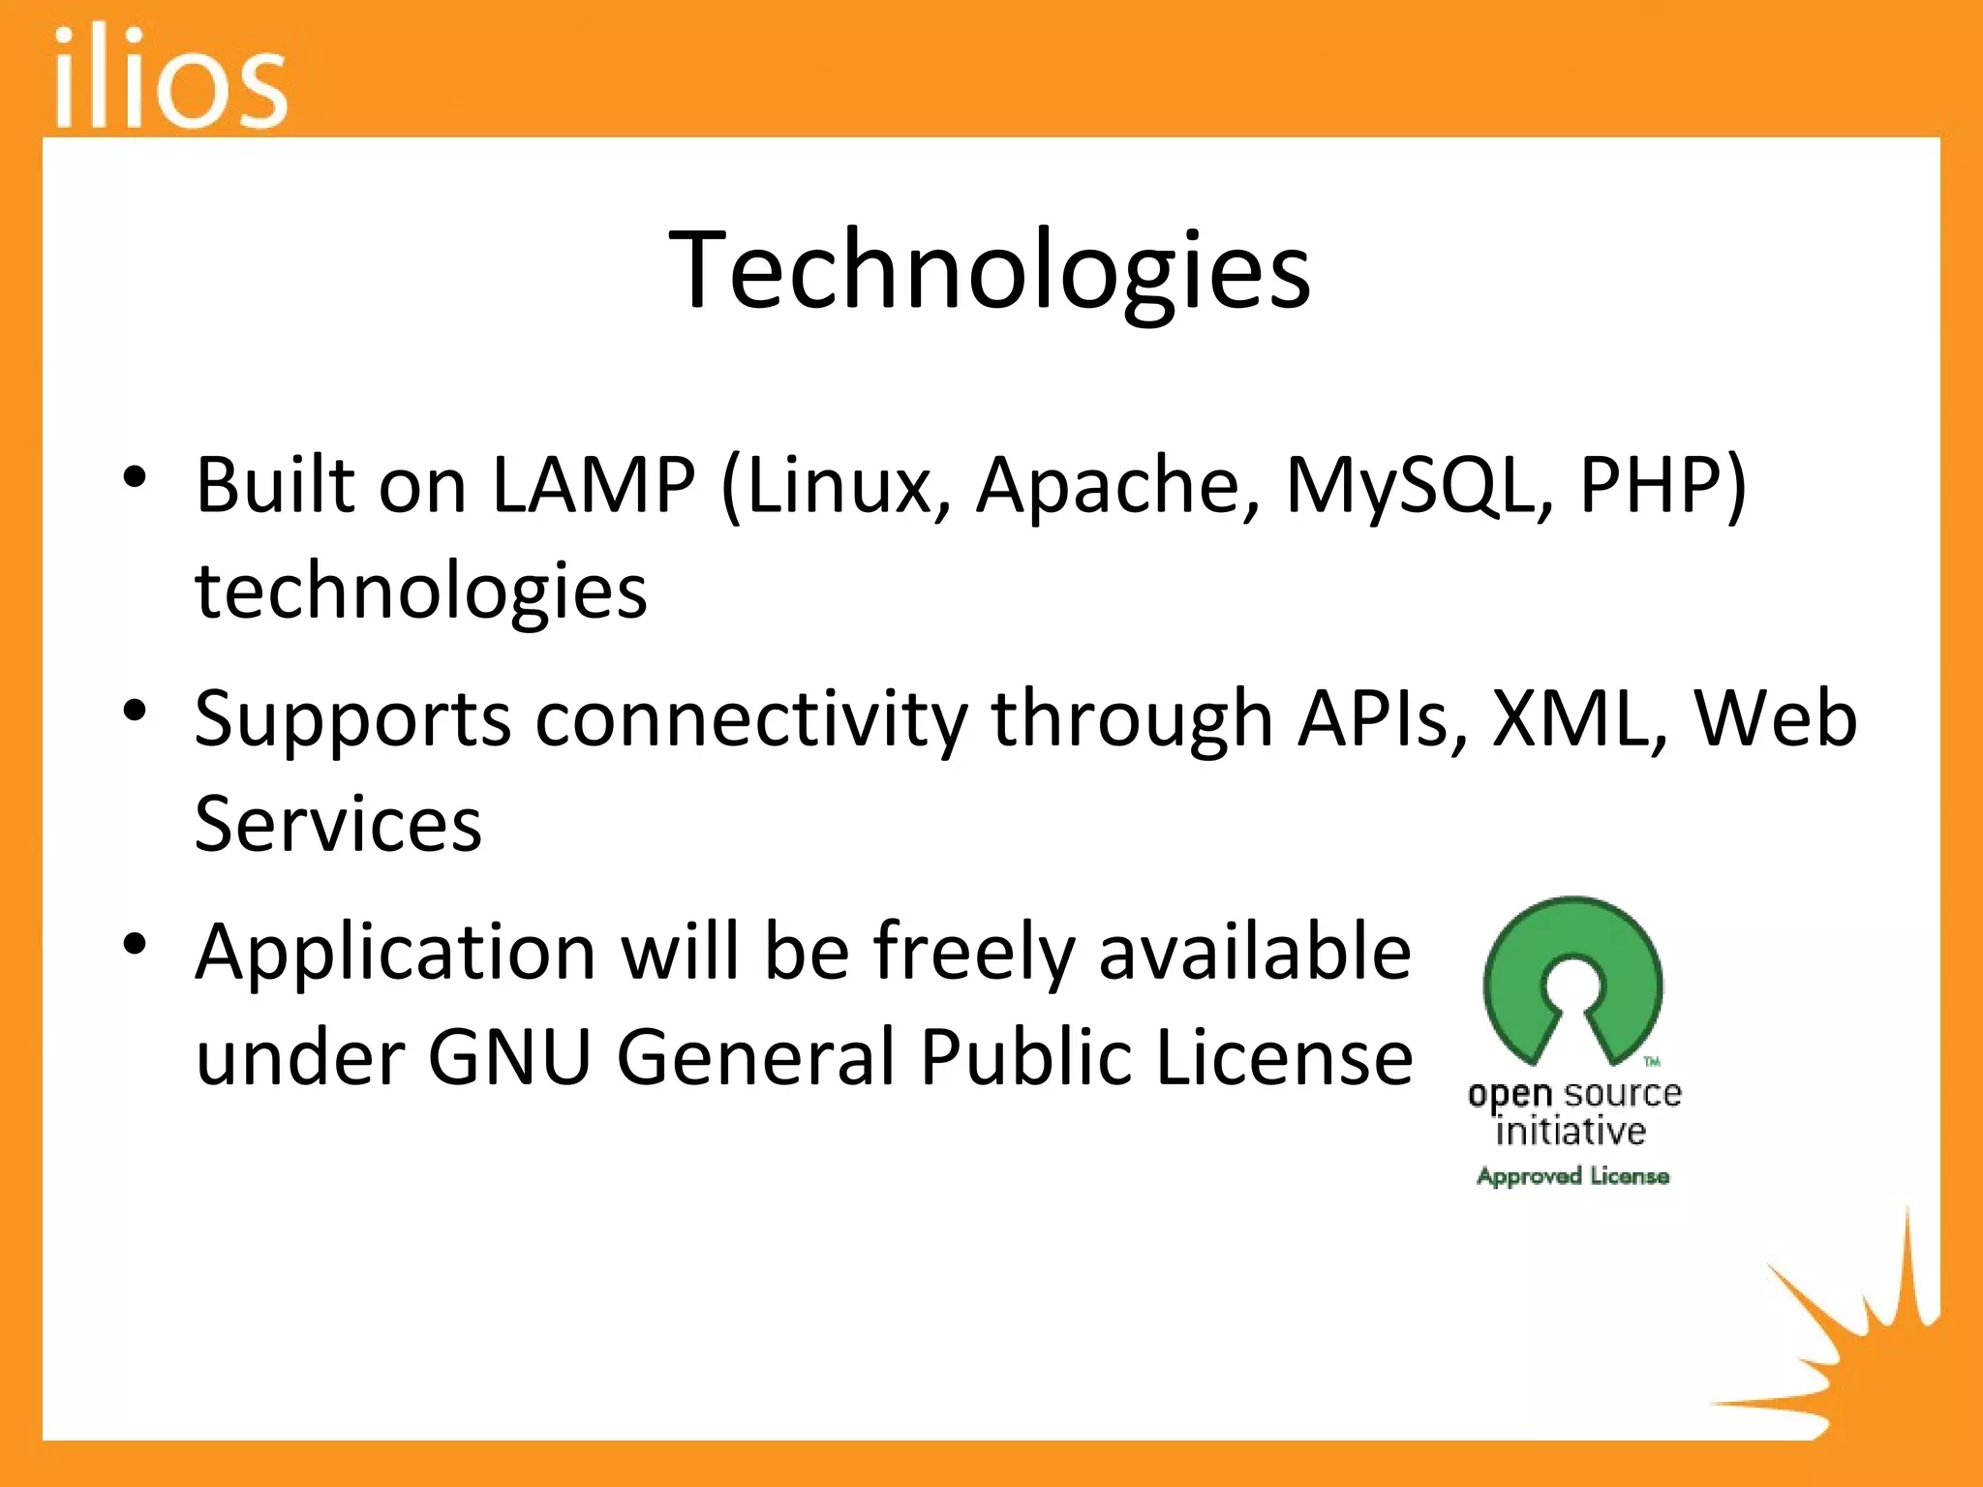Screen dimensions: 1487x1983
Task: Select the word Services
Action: (338, 824)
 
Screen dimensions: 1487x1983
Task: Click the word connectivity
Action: (751, 720)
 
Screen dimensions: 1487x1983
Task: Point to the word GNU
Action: (509, 1057)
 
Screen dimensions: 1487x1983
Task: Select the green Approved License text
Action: (1572, 1176)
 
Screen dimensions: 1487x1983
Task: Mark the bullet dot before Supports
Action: (135, 711)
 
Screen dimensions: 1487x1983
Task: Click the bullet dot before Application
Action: (135, 944)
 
